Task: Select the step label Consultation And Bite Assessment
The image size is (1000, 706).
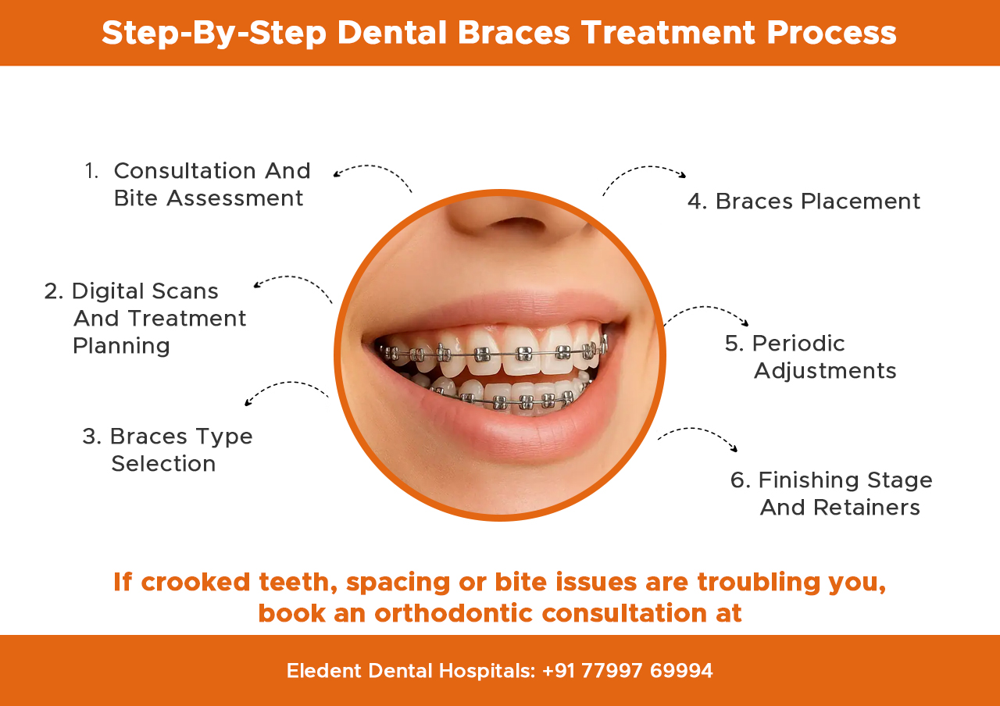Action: click(209, 184)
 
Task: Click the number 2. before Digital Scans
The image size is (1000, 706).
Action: click(54, 291)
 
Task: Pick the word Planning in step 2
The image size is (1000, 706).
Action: click(121, 346)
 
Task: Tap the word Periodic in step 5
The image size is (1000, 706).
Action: click(798, 344)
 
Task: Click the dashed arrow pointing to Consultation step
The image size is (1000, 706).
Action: click(373, 172)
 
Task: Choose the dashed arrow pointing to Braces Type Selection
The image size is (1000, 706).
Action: click(286, 388)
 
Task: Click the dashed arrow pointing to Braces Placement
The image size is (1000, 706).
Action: click(644, 173)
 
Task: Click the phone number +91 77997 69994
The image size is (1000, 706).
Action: click(627, 671)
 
